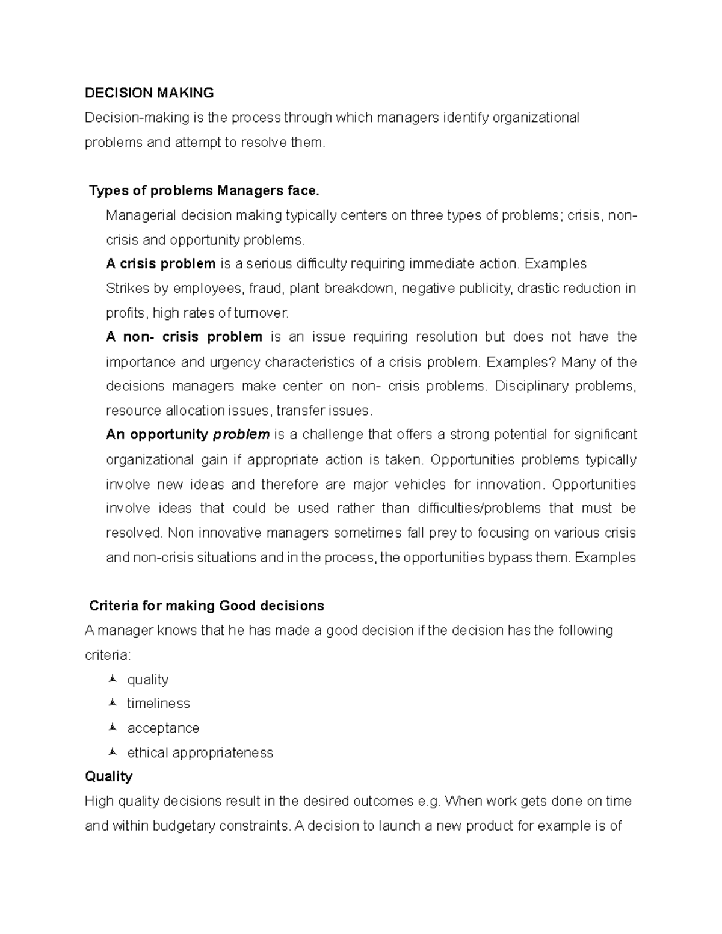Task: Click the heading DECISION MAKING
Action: click(149, 93)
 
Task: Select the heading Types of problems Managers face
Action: click(204, 191)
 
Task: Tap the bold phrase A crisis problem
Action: click(161, 263)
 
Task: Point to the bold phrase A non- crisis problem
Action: click(184, 337)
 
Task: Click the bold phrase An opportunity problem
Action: click(188, 434)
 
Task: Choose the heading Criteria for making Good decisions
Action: click(206, 606)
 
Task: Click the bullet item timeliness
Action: click(158, 704)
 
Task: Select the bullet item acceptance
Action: click(163, 728)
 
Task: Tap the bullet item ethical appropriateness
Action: click(200, 753)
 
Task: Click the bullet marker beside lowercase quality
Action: click(112, 680)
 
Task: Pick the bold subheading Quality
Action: click(108, 776)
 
